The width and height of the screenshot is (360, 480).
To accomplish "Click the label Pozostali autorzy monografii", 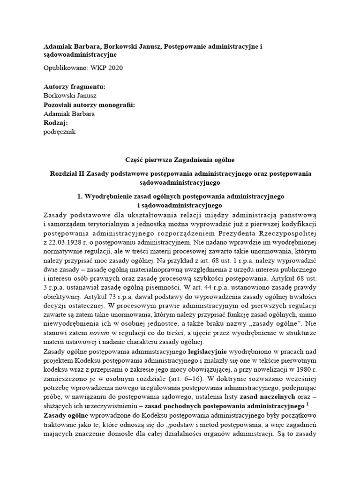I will tap(89, 105).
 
